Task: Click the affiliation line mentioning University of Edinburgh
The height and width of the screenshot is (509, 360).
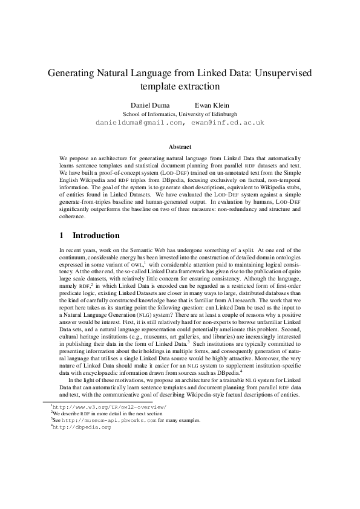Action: click(180, 113)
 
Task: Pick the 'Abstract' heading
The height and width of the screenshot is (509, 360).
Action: click(180, 147)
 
